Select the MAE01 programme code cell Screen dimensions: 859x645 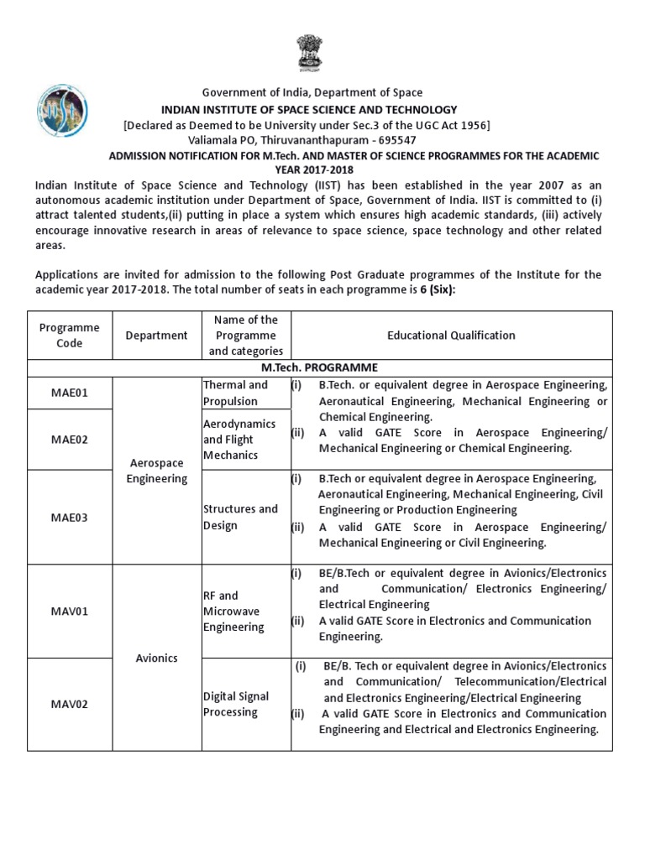click(x=70, y=393)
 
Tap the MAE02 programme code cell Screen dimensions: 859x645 click(x=70, y=440)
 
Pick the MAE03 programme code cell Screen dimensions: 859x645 click(x=70, y=518)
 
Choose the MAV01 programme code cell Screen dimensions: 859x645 click(x=70, y=612)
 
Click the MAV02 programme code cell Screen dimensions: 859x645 click(x=70, y=705)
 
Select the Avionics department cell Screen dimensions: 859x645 click(x=156, y=658)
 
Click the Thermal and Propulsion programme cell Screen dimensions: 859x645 click(x=236, y=393)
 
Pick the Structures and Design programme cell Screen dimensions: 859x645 click(x=240, y=518)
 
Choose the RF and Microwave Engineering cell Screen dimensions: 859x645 click(x=234, y=612)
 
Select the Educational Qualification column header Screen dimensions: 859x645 click(x=451, y=335)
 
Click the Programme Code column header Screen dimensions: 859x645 click(x=70, y=336)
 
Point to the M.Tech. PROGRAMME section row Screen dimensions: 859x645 click(x=320, y=367)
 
